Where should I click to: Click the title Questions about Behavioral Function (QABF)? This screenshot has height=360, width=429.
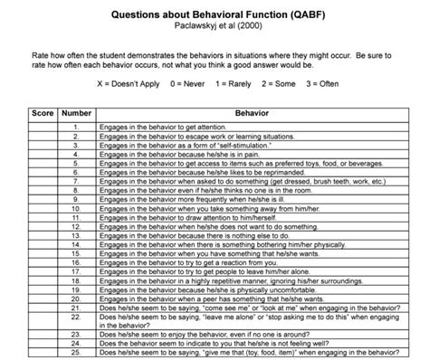pos(214,15)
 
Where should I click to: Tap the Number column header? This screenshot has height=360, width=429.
pos(75,116)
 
